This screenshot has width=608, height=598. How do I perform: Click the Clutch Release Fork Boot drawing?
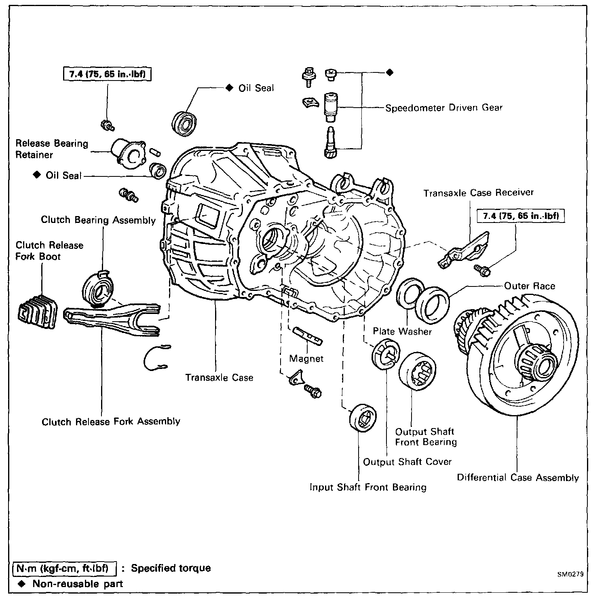pyautogui.click(x=37, y=312)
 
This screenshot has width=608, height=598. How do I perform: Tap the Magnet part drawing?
pyautogui.click(x=307, y=335)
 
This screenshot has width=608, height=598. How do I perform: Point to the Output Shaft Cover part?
pyautogui.click(x=385, y=354)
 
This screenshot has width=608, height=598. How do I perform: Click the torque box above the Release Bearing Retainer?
pyautogui.click(x=107, y=74)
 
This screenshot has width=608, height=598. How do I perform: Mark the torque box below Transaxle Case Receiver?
pyautogui.click(x=521, y=216)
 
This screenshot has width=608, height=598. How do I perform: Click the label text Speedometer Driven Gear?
pyautogui.click(x=443, y=108)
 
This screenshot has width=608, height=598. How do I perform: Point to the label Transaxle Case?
pyautogui.click(x=219, y=377)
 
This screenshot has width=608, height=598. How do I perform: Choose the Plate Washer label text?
pyautogui.click(x=402, y=331)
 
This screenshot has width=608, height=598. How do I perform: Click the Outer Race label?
pyautogui.click(x=530, y=286)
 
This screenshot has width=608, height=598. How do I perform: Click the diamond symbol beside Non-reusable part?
pyautogui.click(x=22, y=583)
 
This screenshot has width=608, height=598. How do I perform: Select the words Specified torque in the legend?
pyautogui.click(x=171, y=568)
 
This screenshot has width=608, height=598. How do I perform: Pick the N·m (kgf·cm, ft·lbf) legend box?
pyautogui.click(x=65, y=568)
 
